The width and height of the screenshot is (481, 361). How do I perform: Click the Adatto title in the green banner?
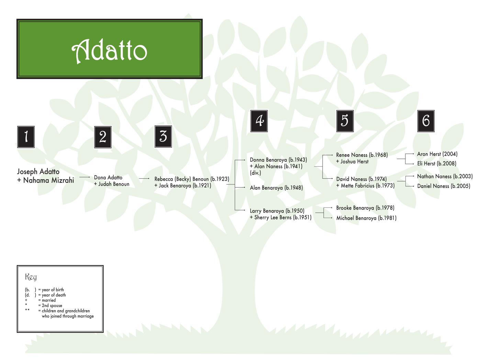click(x=110, y=50)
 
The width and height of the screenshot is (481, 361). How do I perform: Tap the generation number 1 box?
click(x=26, y=137)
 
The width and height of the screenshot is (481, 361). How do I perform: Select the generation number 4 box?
click(x=259, y=121)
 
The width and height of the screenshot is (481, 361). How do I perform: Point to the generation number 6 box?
click(x=426, y=121)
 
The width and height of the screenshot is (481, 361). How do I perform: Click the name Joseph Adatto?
click(x=38, y=171)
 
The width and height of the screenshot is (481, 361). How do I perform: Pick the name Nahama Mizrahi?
click(x=48, y=180)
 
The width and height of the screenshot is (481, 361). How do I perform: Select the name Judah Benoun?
click(x=114, y=184)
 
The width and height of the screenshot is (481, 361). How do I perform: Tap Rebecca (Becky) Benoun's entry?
click(x=192, y=179)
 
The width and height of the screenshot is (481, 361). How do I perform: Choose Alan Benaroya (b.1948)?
click(x=276, y=188)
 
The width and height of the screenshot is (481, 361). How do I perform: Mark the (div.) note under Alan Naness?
click(x=255, y=173)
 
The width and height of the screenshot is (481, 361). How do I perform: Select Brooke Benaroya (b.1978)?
click(x=365, y=208)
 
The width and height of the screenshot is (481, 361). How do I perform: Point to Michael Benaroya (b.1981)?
click(x=366, y=218)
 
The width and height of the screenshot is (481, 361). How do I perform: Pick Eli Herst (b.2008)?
click(x=437, y=163)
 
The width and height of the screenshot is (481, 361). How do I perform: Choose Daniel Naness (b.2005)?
click(x=444, y=186)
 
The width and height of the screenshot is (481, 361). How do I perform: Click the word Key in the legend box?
click(x=31, y=277)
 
